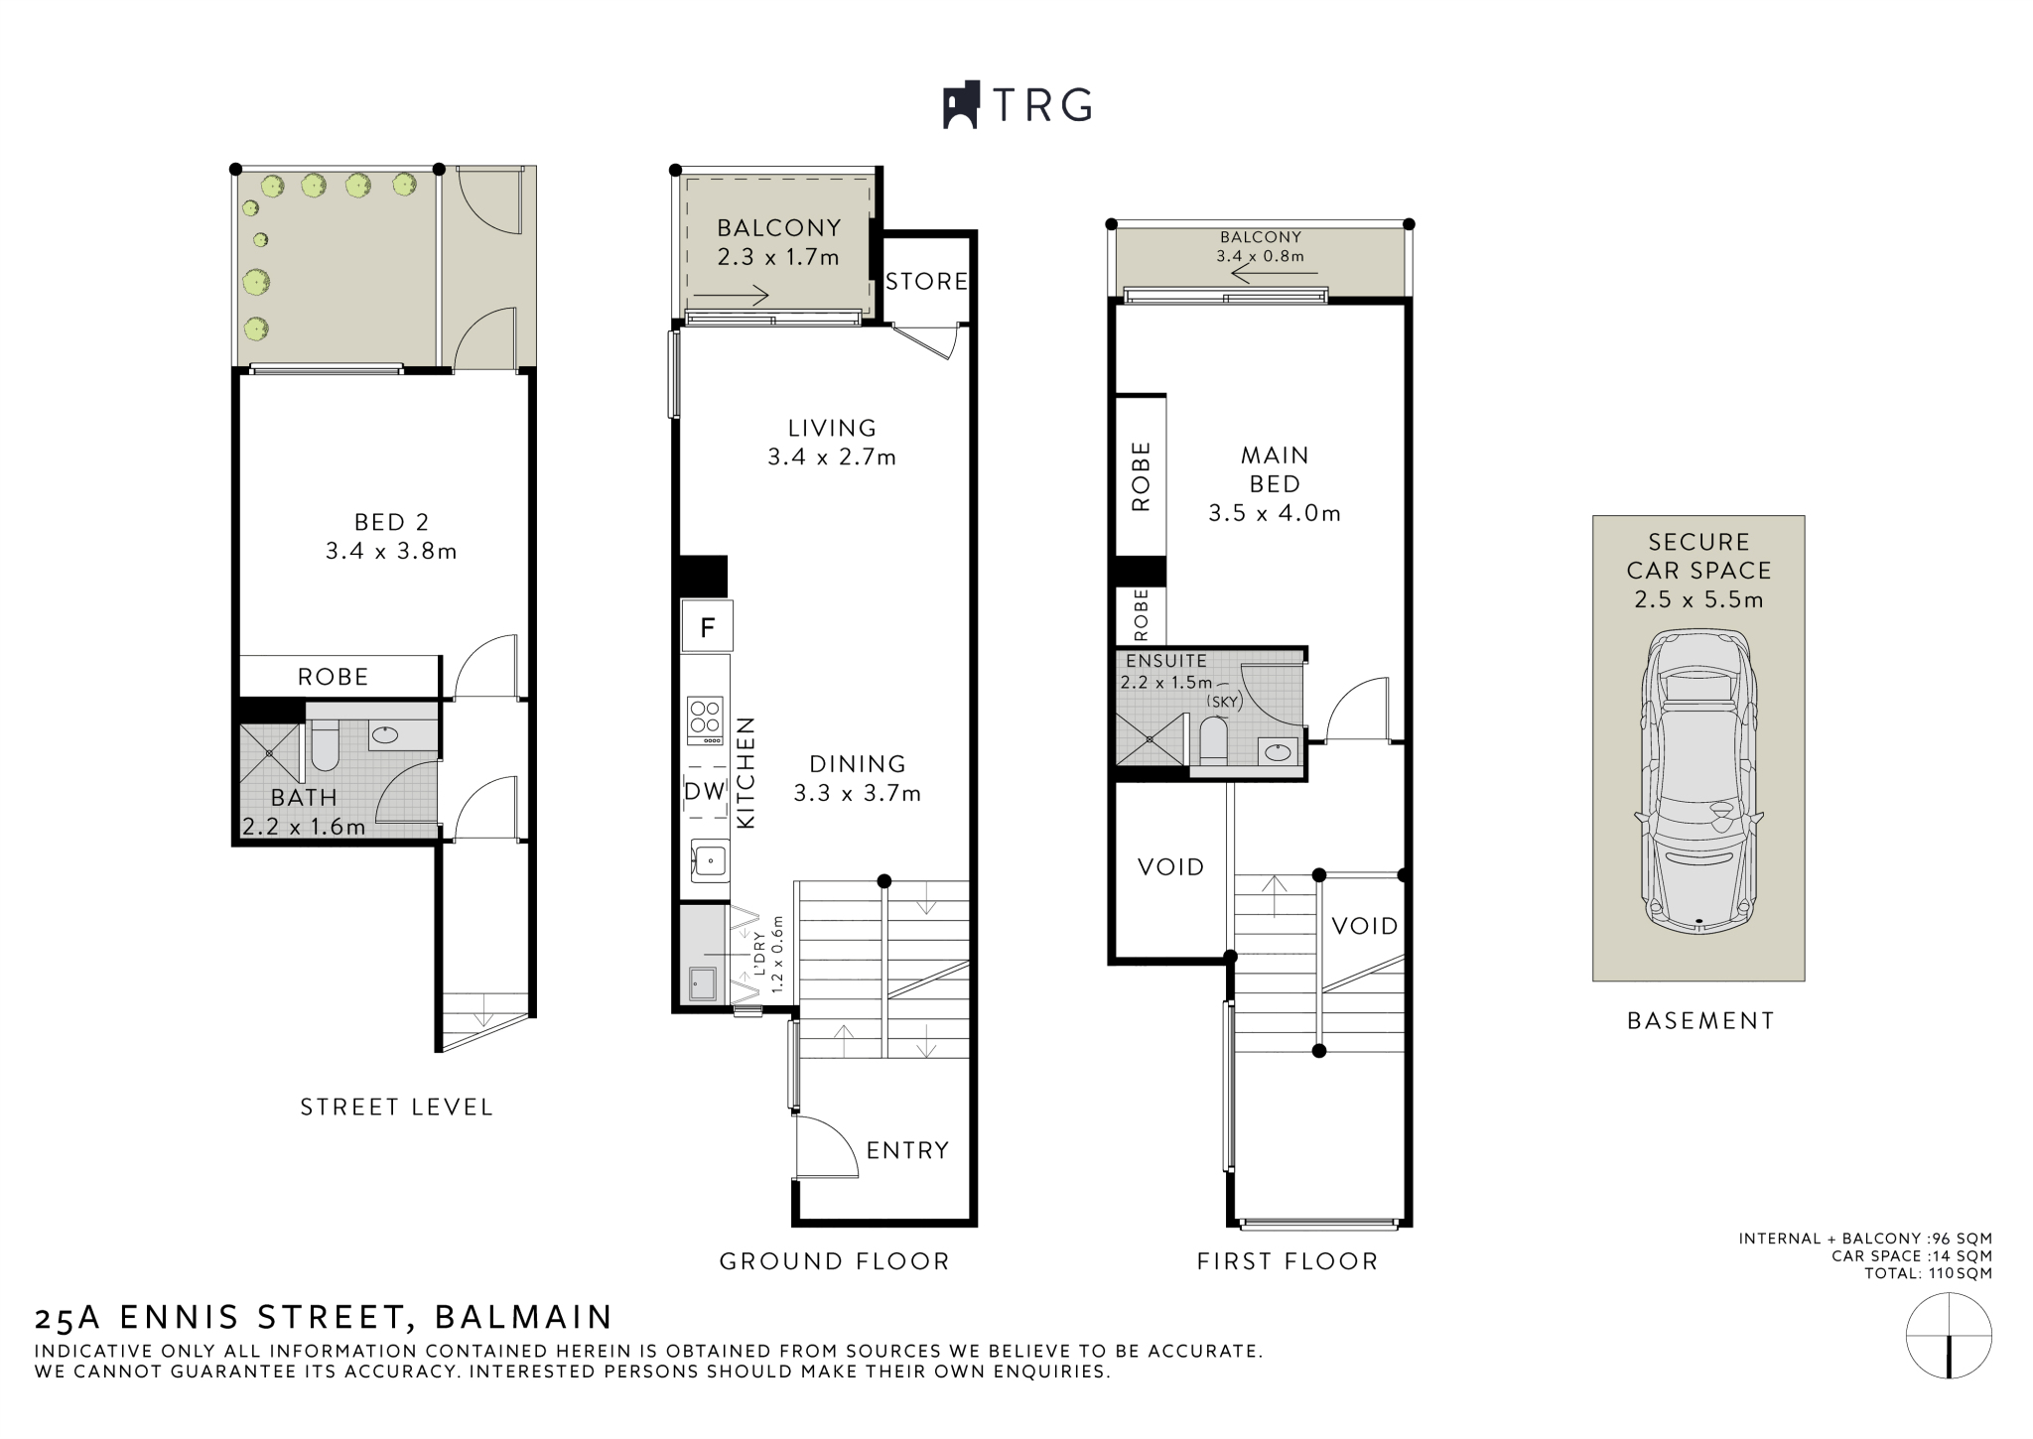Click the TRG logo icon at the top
(x=961, y=104)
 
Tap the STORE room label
(x=926, y=282)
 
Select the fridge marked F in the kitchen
(x=707, y=626)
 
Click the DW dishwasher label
(x=706, y=792)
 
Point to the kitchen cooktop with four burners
(x=706, y=720)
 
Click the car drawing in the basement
(x=1698, y=784)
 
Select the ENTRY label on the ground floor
(x=907, y=1150)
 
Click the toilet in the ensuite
(x=1213, y=739)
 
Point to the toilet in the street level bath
(x=325, y=745)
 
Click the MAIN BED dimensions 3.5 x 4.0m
(x=1275, y=513)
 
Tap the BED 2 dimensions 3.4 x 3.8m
(x=391, y=551)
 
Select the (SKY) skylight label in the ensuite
(x=1224, y=702)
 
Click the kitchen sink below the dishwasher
(x=710, y=860)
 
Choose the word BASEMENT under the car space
(x=1699, y=1020)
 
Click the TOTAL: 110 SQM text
(x=1928, y=1273)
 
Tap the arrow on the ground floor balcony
(x=731, y=296)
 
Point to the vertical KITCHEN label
(x=745, y=773)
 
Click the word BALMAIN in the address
(x=523, y=1317)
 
